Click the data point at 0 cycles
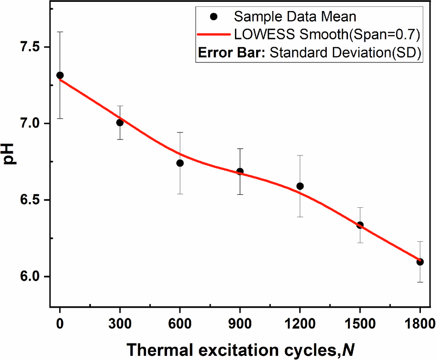[60, 75]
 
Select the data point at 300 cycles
[120, 122]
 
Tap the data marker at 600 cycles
[180, 163]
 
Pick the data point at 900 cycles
[240, 172]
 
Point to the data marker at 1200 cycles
[300, 186]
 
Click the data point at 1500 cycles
[360, 225]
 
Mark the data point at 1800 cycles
[419, 262]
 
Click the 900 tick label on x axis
[240, 322]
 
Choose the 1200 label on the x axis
[300, 322]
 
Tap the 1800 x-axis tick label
[419, 322]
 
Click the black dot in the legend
[213, 17]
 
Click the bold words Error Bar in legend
[232, 52]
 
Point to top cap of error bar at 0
[60, 32]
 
